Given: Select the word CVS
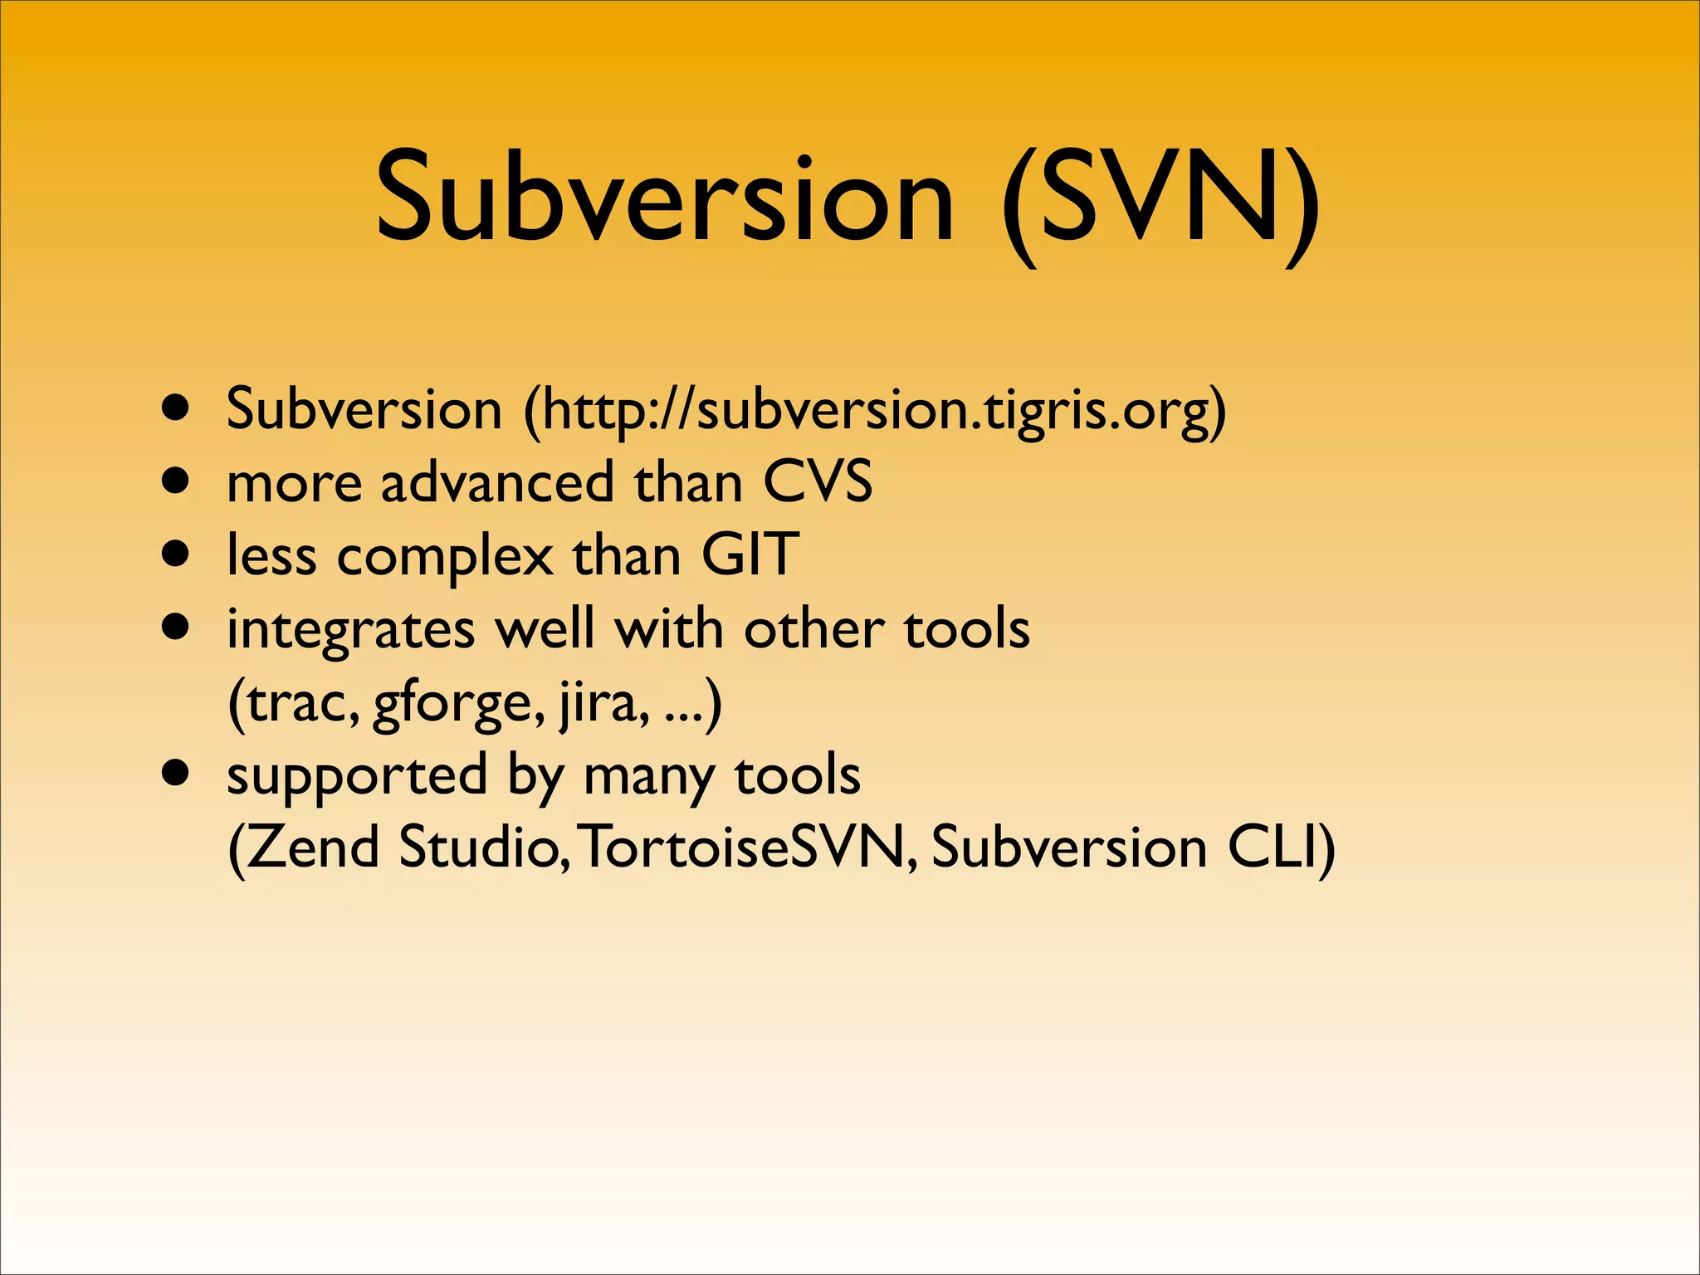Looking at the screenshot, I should point(818,482).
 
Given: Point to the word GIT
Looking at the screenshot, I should point(750,554).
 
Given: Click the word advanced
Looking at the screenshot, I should point(496,482).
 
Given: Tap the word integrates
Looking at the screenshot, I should point(350,630).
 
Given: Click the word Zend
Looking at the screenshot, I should point(313,848).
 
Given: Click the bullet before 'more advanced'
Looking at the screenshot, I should point(176,481).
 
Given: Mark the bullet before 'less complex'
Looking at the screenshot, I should point(176,554).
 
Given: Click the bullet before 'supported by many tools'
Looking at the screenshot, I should point(176,774).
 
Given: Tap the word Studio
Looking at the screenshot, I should point(481,848).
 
